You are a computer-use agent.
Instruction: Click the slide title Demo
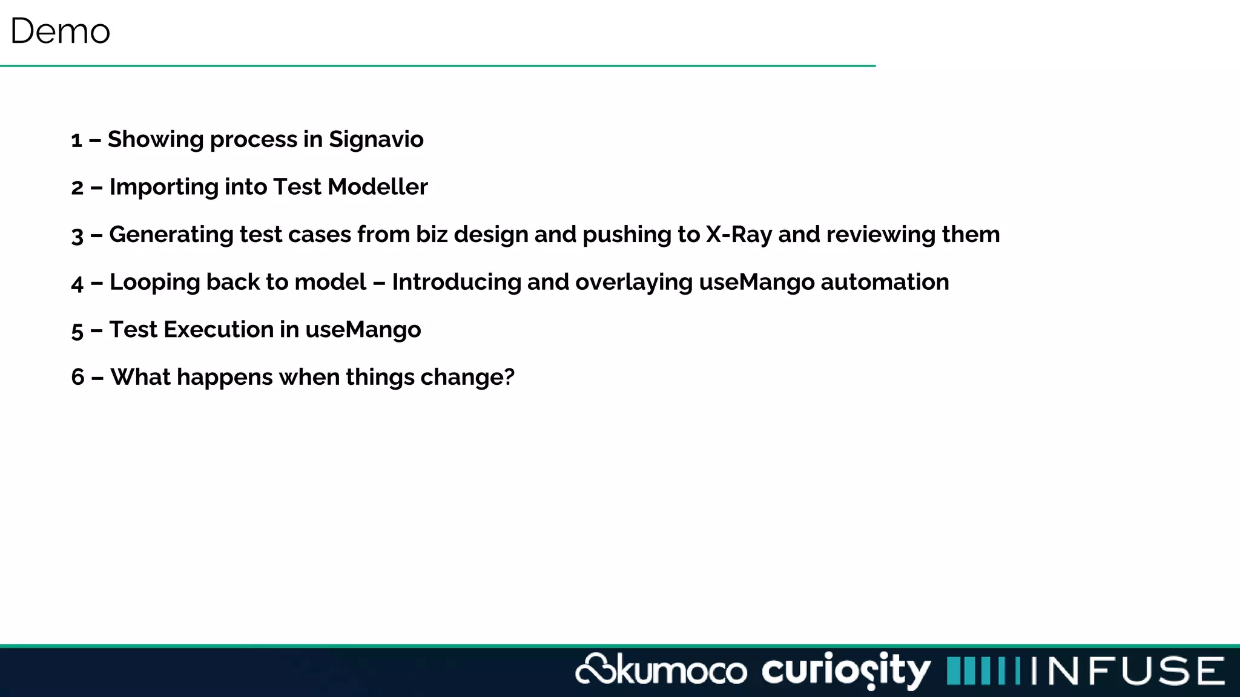(x=60, y=31)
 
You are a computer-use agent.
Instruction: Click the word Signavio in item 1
(x=376, y=140)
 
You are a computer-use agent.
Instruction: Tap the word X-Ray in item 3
(x=739, y=235)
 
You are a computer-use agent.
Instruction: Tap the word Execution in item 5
(x=219, y=330)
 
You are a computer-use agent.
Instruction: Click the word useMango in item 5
(x=363, y=330)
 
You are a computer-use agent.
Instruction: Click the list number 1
(x=76, y=140)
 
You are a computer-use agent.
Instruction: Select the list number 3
(x=77, y=235)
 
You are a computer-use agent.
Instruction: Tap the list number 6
(x=77, y=378)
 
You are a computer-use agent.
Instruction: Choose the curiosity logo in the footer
(x=845, y=670)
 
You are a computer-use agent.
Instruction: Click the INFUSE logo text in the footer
(x=1127, y=671)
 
